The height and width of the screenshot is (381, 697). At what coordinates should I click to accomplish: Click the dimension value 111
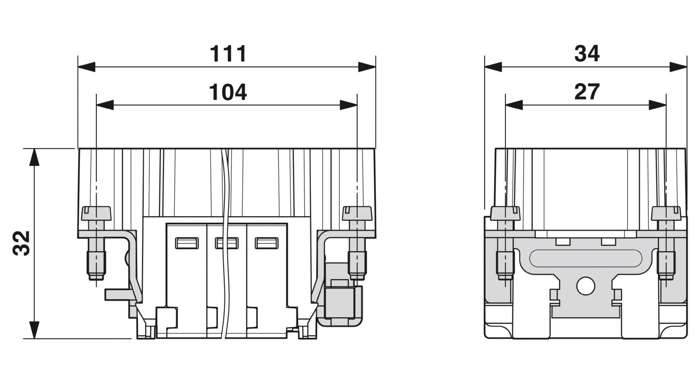click(228, 54)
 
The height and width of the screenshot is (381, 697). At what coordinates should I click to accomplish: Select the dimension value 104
click(228, 92)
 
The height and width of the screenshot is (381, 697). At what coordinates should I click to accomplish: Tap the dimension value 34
click(587, 54)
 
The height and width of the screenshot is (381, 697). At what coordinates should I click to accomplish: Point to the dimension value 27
click(587, 92)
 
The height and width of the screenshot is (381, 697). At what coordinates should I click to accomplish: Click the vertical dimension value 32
click(21, 243)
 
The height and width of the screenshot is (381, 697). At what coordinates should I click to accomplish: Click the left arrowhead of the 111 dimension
click(86, 67)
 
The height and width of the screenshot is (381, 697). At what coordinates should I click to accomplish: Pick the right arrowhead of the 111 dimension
click(367, 67)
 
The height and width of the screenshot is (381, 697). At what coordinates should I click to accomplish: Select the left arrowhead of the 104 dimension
click(105, 105)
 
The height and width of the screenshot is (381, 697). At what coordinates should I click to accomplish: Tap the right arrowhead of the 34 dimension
click(678, 67)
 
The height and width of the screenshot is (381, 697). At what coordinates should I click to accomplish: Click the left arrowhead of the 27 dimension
click(514, 105)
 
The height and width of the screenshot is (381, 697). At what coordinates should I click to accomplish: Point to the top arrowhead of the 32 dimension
click(34, 157)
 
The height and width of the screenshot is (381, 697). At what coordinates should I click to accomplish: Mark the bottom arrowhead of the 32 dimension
click(34, 330)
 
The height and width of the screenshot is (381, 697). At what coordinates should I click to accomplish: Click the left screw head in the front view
click(96, 213)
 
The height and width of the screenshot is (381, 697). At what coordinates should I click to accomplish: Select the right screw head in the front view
click(357, 213)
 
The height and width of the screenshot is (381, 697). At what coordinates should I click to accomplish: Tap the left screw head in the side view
click(505, 213)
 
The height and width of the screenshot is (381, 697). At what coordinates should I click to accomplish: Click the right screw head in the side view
click(666, 213)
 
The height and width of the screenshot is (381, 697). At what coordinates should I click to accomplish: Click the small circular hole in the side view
click(585, 286)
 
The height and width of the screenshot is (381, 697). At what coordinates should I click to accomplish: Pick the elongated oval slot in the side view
click(585, 258)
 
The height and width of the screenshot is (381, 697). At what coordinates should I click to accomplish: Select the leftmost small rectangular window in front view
click(187, 243)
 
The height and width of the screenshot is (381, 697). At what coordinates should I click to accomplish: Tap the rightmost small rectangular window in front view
click(267, 243)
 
